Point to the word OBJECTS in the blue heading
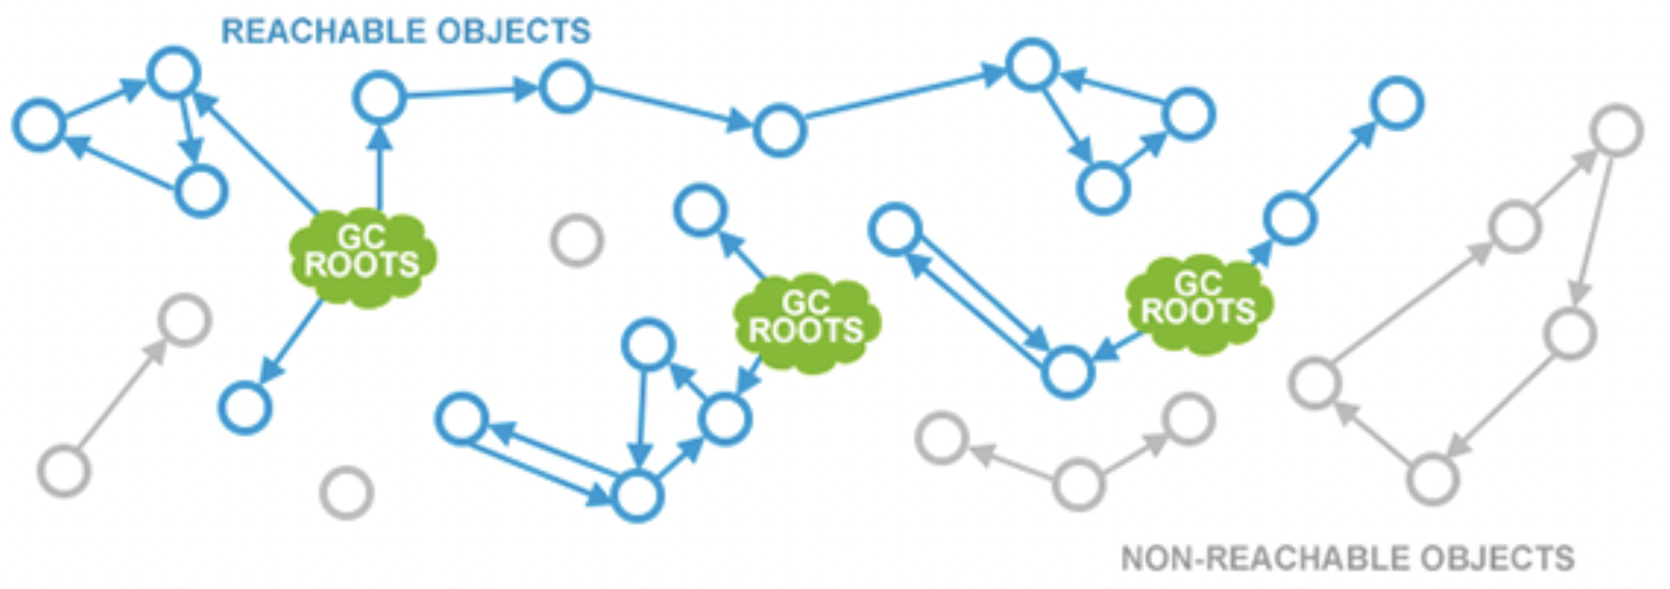pyautogui.click(x=513, y=32)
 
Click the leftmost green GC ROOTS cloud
pyautogui.click(x=362, y=256)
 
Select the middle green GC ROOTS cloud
pyautogui.click(x=806, y=322)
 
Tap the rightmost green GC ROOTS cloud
pyautogui.click(x=1198, y=303)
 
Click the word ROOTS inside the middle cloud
pyautogui.click(x=806, y=332)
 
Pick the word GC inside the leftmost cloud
pyautogui.click(x=361, y=236)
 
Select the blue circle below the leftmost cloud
pyautogui.click(x=245, y=407)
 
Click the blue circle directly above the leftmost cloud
pyautogui.click(x=379, y=97)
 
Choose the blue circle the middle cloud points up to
pyautogui.click(x=700, y=211)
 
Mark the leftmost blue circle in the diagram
pyautogui.click(x=38, y=125)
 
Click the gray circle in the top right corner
pyautogui.click(x=1616, y=131)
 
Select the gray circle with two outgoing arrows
pyautogui.click(x=1078, y=484)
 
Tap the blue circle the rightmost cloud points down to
pyautogui.click(x=1067, y=372)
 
